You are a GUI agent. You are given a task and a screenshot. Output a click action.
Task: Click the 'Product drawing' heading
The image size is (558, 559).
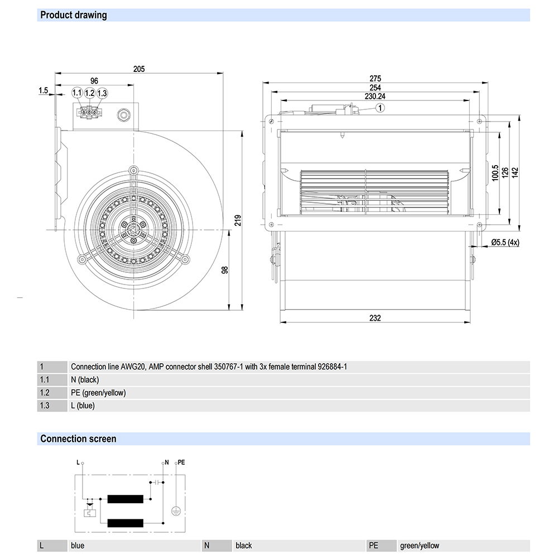73,15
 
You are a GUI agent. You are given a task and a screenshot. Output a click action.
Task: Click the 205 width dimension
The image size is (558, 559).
139,69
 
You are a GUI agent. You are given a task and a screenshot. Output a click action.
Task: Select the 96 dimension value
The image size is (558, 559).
94,81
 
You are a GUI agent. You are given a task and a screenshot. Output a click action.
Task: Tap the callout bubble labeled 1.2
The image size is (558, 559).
90,93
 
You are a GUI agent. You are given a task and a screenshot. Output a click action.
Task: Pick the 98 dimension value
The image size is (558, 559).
225,270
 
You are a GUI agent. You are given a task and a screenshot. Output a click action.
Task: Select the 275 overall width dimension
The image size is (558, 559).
375,79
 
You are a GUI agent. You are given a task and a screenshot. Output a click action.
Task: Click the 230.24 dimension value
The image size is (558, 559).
375,96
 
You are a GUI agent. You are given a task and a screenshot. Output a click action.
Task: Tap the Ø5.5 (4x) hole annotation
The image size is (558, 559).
505,242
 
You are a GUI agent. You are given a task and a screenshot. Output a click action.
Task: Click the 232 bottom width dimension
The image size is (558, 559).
375,318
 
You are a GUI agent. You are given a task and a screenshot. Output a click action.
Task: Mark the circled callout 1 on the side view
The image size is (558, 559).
380,108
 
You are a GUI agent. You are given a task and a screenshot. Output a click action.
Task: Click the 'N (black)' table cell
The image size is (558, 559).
85,380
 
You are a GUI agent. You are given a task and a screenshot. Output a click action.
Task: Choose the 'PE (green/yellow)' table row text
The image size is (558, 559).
98,393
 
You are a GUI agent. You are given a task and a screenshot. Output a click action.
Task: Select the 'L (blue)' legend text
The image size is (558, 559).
83,406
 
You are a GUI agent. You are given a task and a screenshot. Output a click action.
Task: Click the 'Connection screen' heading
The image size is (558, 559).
78,439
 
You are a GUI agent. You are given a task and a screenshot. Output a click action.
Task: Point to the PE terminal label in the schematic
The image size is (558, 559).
181,463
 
